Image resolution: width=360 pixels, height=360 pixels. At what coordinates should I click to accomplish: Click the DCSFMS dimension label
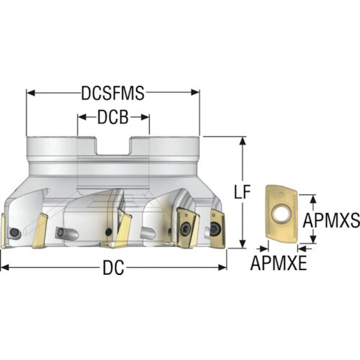pos(113,93)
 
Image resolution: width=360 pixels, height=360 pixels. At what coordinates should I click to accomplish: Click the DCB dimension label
pos(113,117)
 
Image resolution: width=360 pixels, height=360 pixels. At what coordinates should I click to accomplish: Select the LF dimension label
pos(243,192)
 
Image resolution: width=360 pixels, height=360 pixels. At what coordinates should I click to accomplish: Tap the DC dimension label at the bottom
pos(113,268)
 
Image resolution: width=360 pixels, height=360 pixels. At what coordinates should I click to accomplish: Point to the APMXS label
pos(331,220)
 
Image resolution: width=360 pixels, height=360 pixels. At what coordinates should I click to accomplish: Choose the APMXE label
pos(279,263)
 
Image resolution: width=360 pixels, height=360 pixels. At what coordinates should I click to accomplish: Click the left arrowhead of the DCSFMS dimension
pos(30,93)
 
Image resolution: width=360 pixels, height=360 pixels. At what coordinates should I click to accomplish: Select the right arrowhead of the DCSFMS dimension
pos(195,93)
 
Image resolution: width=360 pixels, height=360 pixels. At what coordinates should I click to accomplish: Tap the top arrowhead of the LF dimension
pos(243,141)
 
